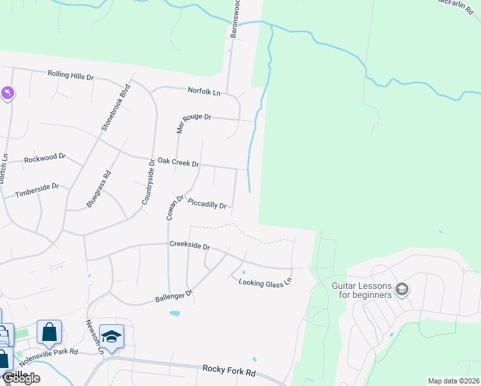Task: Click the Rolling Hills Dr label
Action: (71, 75)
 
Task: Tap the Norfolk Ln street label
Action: (204, 91)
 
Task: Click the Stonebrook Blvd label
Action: (116, 107)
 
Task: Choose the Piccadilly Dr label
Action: (207, 204)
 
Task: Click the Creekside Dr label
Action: (190, 245)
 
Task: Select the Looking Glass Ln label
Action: (265, 281)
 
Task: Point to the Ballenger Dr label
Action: (174, 296)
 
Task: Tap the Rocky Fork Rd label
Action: (229, 371)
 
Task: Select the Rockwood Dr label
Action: (45, 157)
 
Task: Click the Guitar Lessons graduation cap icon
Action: (402, 289)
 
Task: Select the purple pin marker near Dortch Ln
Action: (8, 94)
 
